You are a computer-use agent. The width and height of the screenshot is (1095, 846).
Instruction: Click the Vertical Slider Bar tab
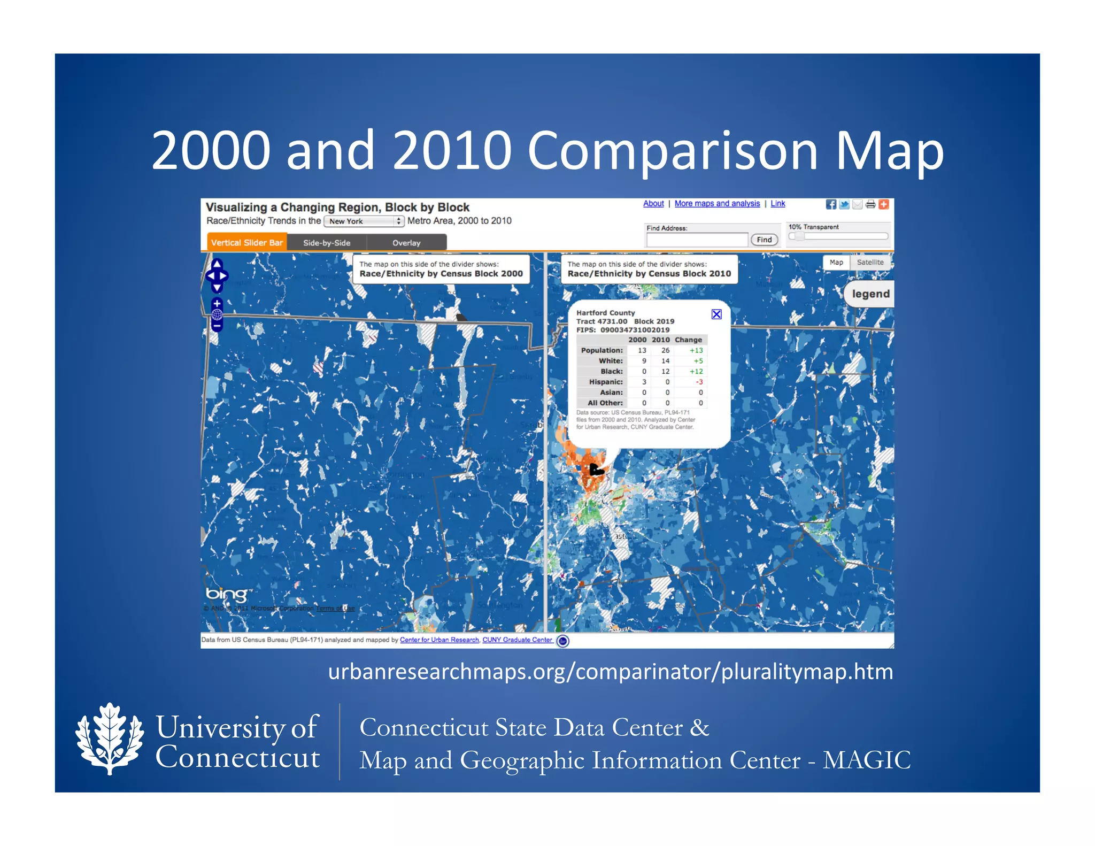click(246, 243)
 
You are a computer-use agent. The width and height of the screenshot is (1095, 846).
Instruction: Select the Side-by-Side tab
click(327, 243)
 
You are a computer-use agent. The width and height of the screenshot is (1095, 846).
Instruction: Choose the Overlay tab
click(406, 243)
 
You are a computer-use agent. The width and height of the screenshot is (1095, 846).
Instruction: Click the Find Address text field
click(697, 240)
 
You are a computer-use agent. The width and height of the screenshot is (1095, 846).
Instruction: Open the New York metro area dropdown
click(364, 221)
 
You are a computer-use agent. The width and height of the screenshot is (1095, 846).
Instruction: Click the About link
click(653, 204)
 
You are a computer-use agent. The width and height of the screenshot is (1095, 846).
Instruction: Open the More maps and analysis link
click(717, 204)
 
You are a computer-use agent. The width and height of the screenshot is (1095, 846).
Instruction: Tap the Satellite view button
click(870, 263)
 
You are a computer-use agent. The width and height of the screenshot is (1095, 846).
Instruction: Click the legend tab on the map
click(870, 294)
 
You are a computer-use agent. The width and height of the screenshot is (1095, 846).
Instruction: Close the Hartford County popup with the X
click(716, 314)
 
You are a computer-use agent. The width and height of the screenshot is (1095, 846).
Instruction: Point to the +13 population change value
click(696, 351)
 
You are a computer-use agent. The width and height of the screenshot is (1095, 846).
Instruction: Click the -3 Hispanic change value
click(699, 382)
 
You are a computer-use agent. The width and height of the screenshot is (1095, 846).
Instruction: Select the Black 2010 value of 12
click(666, 372)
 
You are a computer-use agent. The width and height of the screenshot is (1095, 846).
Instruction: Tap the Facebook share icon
click(831, 204)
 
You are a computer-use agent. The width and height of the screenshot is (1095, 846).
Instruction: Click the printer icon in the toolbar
click(870, 204)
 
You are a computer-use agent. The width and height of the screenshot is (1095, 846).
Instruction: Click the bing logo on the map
click(227, 594)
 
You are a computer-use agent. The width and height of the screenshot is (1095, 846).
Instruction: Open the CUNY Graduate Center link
click(517, 640)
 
